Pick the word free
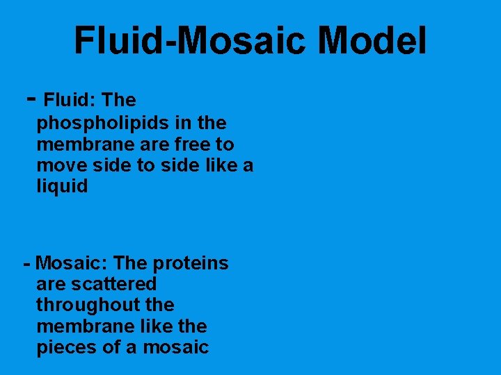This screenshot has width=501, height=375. pos(182,145)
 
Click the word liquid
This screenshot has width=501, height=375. pos(62,187)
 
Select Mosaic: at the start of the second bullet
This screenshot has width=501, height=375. pos(72,264)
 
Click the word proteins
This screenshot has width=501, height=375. pos(190,264)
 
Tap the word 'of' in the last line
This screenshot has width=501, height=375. pos(111,347)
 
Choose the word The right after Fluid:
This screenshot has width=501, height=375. pos(118,101)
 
